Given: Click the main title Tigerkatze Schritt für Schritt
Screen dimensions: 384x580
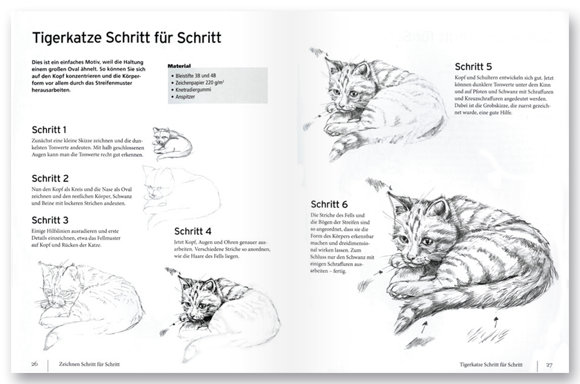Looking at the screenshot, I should pos(126,38).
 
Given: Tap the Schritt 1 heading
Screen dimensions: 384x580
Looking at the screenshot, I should pos(49,129).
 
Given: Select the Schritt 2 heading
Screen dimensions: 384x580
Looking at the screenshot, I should pos(50,178).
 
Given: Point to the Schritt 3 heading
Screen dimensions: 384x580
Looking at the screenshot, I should pos(50,220).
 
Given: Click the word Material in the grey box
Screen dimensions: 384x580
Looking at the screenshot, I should pos(179,67).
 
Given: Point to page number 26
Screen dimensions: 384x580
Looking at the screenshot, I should pos(34,364).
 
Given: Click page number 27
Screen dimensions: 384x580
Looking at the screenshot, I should pos(549,364).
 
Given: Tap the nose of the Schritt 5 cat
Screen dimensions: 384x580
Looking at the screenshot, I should pos(342,104).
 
